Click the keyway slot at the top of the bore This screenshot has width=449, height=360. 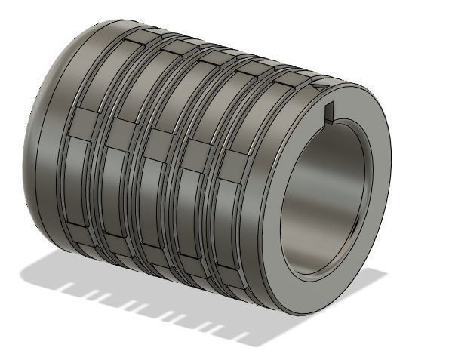point(330,112)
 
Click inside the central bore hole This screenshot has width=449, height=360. point(324,196)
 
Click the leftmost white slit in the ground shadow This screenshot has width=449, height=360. point(67,289)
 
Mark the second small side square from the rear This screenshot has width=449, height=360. point(121,131)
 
